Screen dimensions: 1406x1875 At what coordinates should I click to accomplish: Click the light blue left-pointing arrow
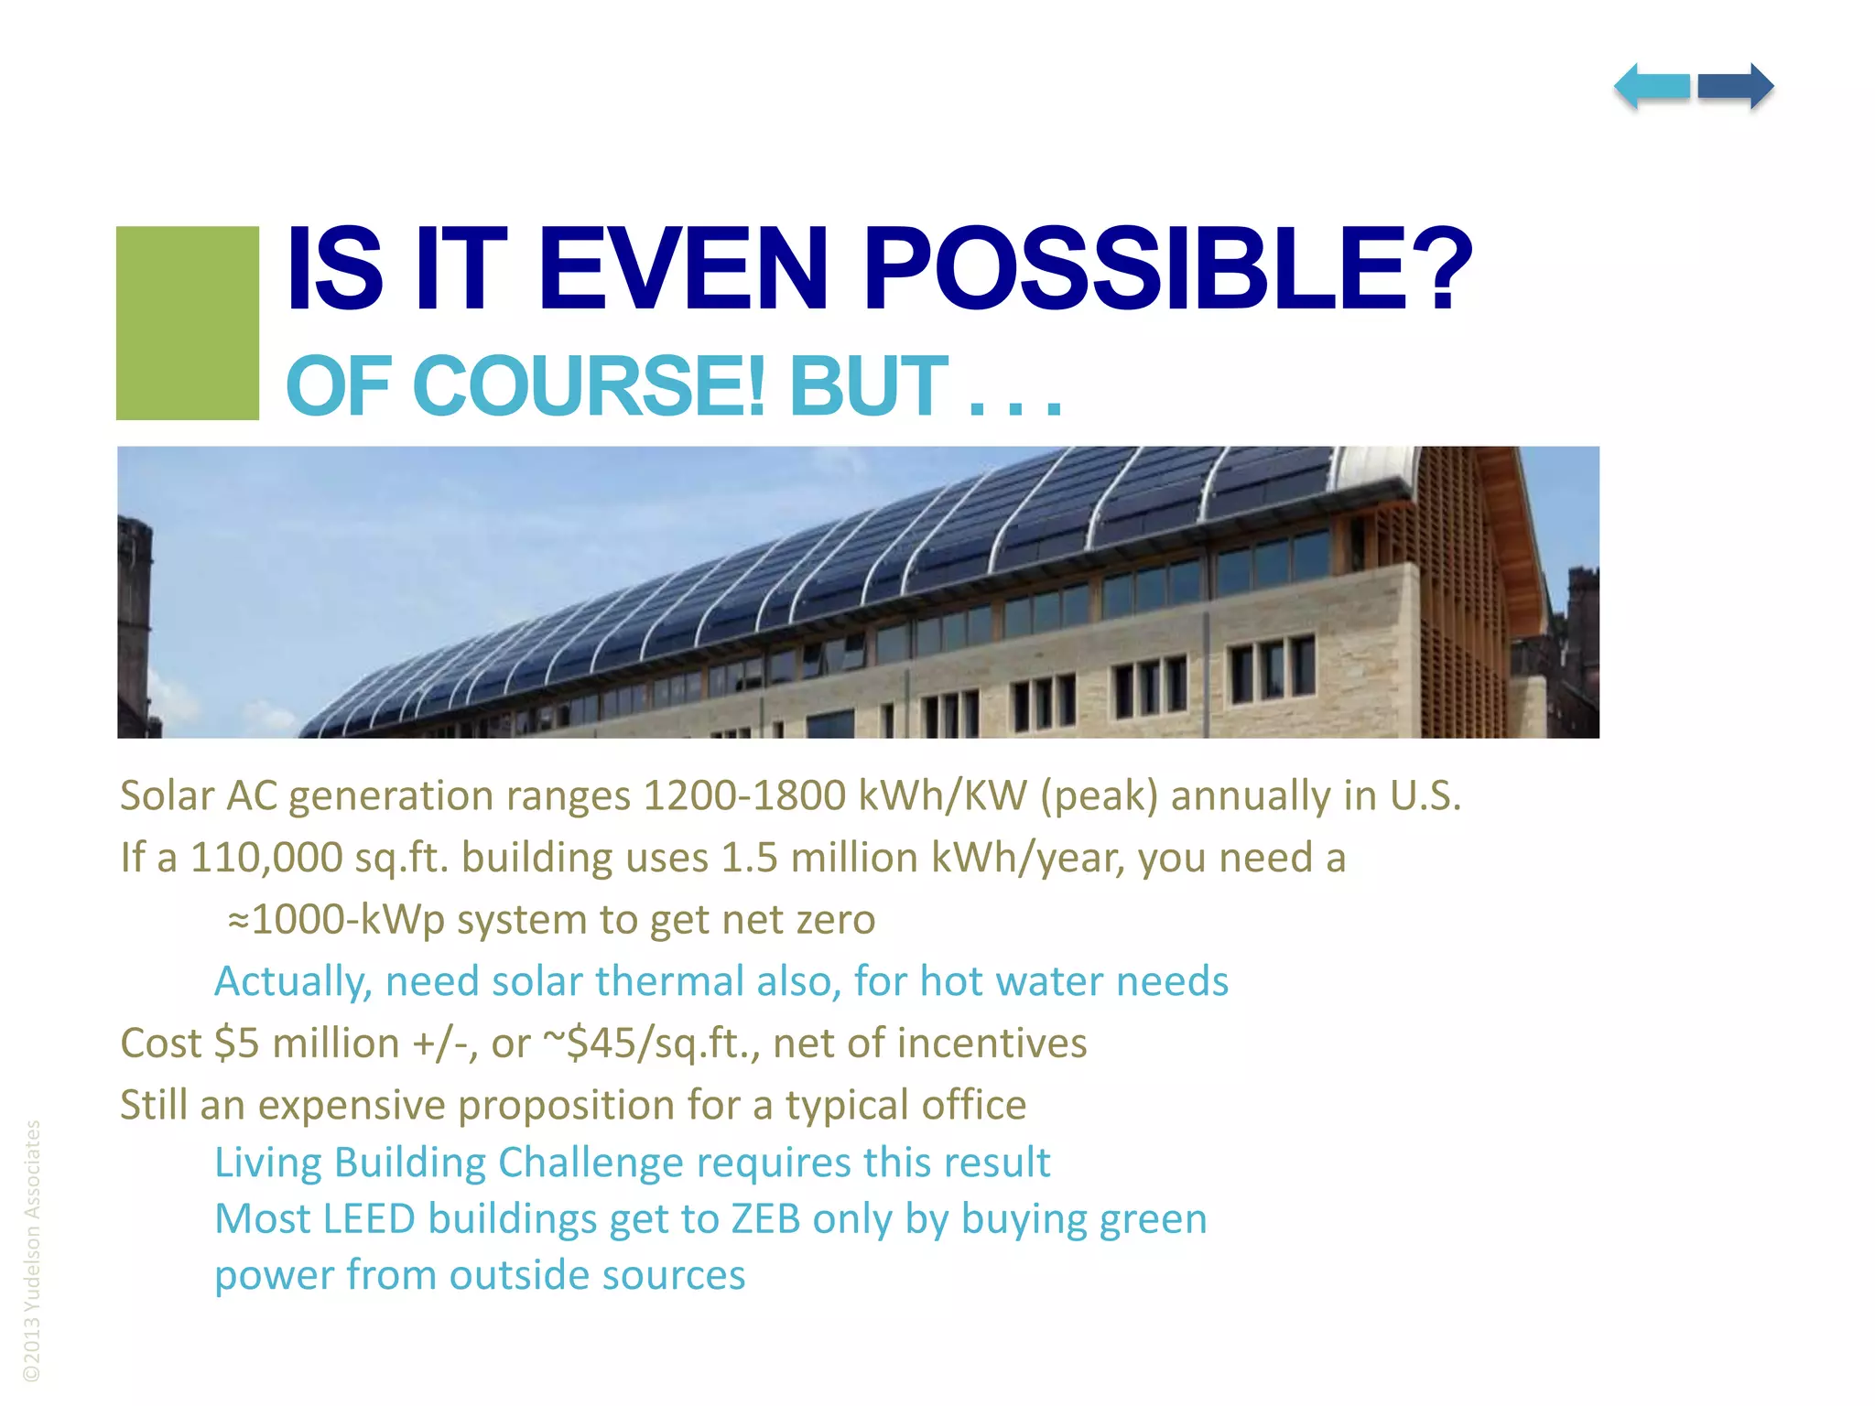tap(1652, 87)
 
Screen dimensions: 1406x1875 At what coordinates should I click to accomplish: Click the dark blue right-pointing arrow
tap(1736, 87)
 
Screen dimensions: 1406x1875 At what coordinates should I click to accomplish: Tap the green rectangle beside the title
tap(188, 323)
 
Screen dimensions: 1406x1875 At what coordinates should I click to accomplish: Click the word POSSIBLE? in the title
tap(1167, 270)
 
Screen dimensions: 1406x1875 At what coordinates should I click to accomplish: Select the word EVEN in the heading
tap(683, 270)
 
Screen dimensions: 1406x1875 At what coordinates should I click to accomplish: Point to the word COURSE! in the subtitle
tap(592, 386)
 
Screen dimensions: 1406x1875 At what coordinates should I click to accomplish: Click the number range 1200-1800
tap(744, 795)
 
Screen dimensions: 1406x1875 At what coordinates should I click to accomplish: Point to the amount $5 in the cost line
tap(236, 1044)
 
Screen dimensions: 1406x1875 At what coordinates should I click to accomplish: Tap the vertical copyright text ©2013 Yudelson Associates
tap(32, 1250)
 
